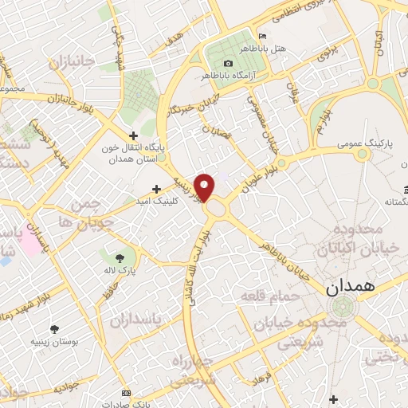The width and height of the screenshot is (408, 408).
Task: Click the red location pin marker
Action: coord(205,186)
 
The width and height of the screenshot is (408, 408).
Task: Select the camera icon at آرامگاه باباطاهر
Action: coord(229,63)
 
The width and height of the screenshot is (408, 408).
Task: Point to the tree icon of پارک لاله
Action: coord(119,258)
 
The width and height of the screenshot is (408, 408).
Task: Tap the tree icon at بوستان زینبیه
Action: coord(55,329)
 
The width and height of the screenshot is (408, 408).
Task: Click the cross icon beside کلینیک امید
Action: coord(156,190)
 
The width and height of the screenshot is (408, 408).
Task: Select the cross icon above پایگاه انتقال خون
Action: coord(134,135)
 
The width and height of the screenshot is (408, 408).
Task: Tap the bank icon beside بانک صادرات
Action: coord(126,394)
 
